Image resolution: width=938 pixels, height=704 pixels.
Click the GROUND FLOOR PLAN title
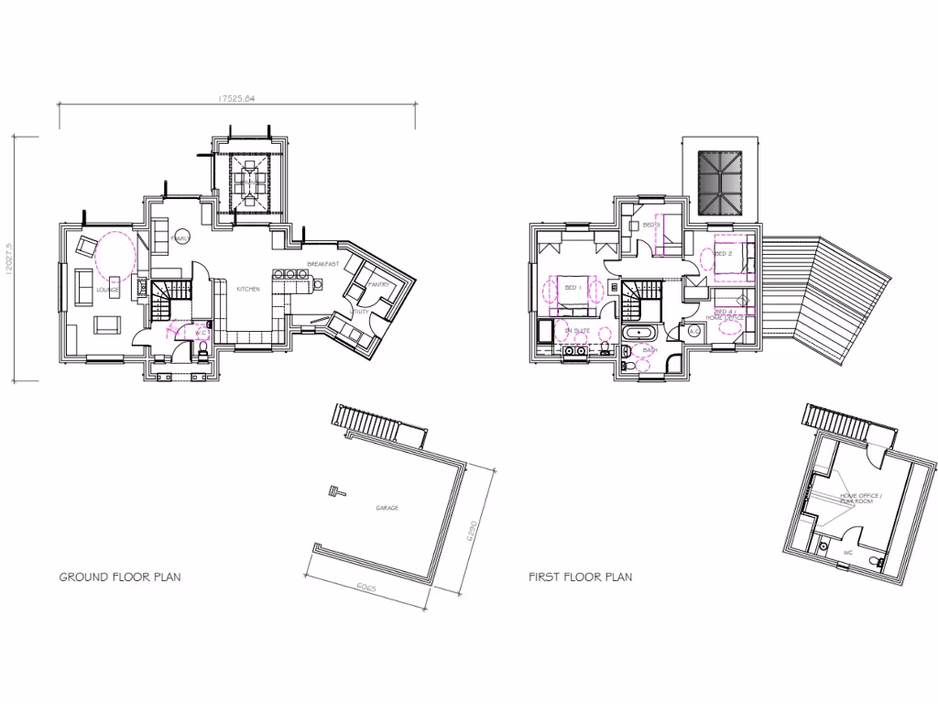point(120,577)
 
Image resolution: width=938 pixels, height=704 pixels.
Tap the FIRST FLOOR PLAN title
point(580,577)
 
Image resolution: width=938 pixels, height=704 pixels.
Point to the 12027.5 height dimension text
point(7,258)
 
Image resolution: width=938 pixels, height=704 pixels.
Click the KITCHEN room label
point(247,289)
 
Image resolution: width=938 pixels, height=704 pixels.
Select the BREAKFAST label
point(322,264)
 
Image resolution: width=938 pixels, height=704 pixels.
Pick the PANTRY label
point(380,285)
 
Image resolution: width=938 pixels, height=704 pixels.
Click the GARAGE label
point(387,507)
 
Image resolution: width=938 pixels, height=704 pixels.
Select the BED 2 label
point(723,253)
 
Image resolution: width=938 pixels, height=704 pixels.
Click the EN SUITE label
point(576,329)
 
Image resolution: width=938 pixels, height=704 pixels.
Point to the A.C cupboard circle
point(694,331)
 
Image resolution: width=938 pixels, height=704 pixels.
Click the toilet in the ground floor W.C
point(202,351)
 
